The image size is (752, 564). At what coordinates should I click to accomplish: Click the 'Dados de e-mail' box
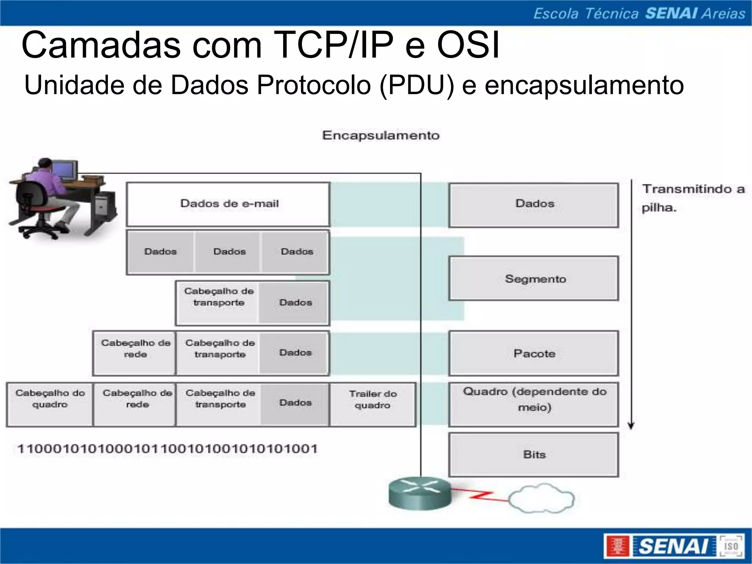228,204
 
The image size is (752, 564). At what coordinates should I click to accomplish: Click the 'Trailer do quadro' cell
373,404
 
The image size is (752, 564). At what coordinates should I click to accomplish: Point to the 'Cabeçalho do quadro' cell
50,404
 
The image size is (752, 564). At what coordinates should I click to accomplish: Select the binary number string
167,449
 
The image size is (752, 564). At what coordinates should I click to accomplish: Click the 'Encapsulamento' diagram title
381,135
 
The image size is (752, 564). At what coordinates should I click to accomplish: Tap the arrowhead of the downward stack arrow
631,426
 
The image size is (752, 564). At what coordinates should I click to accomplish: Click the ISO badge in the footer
731,546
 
